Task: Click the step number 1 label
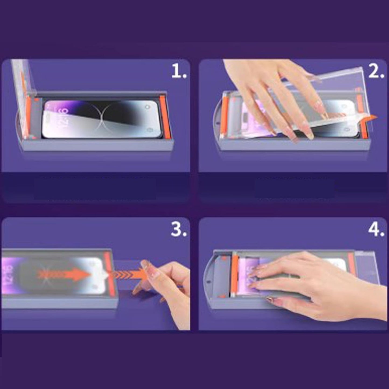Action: [x=179, y=72]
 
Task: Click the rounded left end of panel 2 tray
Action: [x=219, y=118]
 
